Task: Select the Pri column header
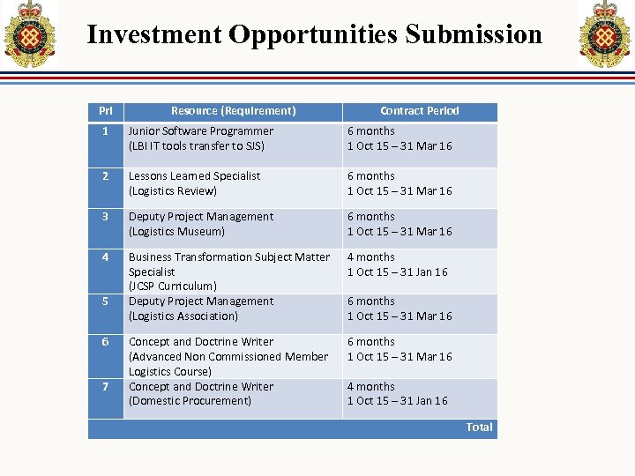point(106,111)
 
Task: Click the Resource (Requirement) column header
point(233,111)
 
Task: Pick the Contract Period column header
point(420,111)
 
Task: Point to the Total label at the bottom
point(479,428)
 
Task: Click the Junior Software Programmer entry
point(201,131)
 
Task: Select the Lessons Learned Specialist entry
point(195,176)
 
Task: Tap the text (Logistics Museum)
point(176,232)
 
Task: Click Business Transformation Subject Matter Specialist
point(228,264)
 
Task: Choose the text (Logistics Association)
point(183,316)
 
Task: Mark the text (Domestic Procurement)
point(190,401)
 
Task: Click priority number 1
point(104,131)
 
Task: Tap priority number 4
point(104,257)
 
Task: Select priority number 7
point(104,387)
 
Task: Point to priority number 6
point(104,342)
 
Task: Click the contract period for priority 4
point(397,264)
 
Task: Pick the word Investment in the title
point(154,34)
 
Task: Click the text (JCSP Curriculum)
point(173,286)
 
